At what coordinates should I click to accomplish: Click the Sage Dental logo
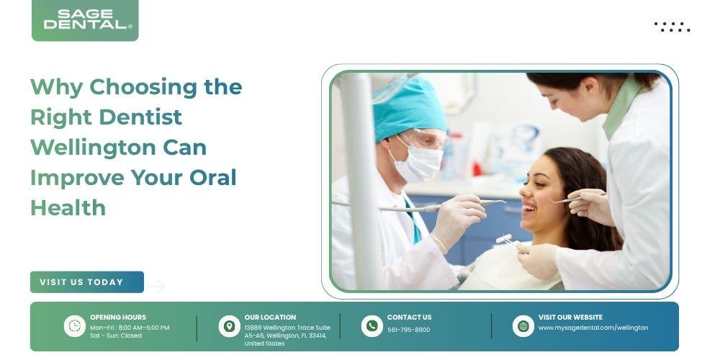(x=85, y=20)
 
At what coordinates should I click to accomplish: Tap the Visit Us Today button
(x=87, y=282)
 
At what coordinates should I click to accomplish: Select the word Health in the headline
(x=68, y=208)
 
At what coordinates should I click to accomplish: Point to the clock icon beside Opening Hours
(x=74, y=326)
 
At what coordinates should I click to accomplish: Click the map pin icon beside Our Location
(x=229, y=326)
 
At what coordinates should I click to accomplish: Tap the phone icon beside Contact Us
(x=372, y=326)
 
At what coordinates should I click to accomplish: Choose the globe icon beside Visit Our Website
(x=523, y=326)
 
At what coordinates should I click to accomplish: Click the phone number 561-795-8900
(x=409, y=330)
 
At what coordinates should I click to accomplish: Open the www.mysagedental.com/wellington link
(x=593, y=328)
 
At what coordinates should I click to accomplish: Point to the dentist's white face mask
(x=418, y=161)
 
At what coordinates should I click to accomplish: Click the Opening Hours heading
(x=118, y=318)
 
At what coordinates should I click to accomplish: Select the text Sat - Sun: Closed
(x=116, y=336)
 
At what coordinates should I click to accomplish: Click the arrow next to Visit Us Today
(x=156, y=286)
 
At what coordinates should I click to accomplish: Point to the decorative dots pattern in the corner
(x=672, y=27)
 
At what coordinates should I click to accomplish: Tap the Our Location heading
(x=270, y=318)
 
